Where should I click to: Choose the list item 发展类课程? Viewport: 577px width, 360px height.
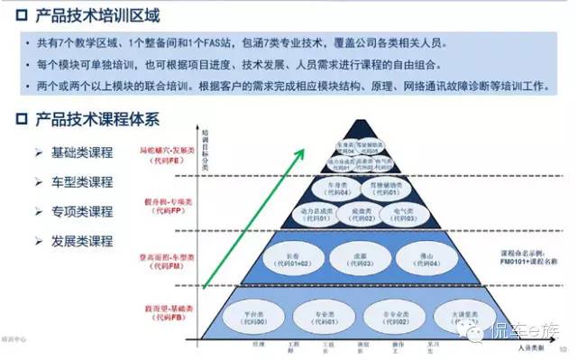82,241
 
